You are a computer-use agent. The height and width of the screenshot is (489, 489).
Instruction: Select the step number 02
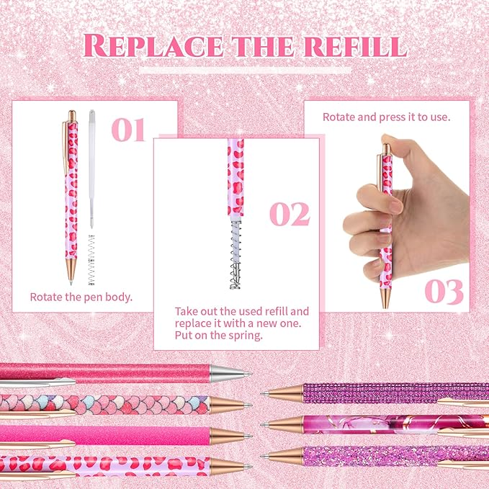click(290, 214)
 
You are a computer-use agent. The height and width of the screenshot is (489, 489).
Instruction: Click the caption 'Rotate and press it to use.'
click(386, 116)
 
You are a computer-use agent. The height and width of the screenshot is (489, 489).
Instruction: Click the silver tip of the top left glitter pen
click(232, 373)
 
